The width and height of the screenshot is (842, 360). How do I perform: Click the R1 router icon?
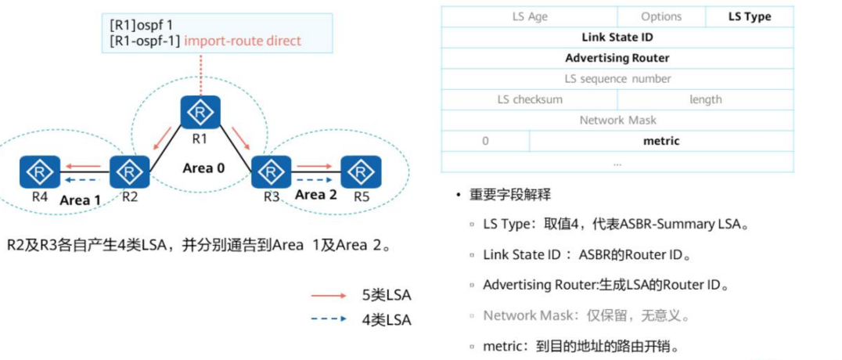point(200,113)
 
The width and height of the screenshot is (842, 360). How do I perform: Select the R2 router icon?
point(130,171)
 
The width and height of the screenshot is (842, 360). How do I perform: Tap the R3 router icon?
point(271,171)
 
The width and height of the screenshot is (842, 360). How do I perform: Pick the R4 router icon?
point(36,171)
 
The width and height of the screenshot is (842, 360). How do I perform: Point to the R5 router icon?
point(361,171)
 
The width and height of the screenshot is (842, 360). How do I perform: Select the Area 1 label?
point(81,200)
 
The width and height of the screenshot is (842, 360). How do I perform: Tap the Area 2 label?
point(316,194)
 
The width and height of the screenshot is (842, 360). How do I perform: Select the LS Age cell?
point(530,16)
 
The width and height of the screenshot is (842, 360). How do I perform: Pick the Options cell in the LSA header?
point(661,16)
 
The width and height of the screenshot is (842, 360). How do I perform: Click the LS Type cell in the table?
point(749,16)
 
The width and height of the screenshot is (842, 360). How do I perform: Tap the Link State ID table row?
point(617,38)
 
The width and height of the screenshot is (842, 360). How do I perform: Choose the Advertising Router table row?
point(617,58)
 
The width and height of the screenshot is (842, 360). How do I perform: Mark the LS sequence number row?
point(617,79)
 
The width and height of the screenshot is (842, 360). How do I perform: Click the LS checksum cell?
point(530,99)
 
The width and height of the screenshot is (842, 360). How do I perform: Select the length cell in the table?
point(705,99)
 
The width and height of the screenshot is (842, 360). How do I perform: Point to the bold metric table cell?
point(661,141)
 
